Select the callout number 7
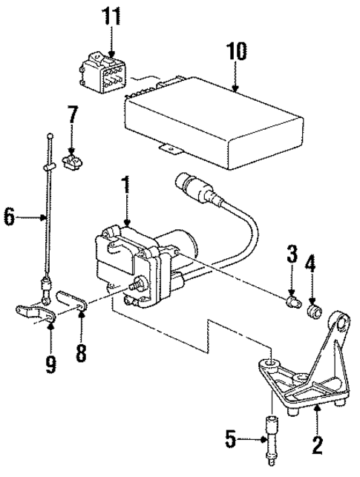click(72, 116)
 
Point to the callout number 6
click(9, 217)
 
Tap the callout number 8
click(81, 349)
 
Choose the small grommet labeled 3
click(293, 302)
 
